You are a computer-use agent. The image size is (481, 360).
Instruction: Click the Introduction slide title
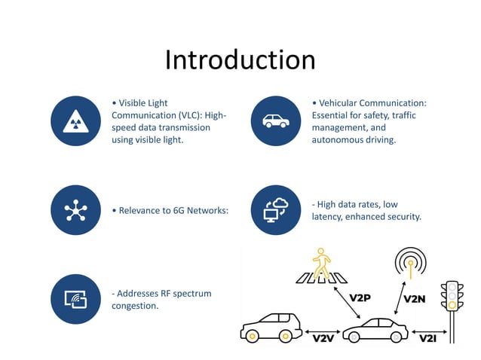(x=240, y=60)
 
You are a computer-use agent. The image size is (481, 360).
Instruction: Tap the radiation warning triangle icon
(x=75, y=121)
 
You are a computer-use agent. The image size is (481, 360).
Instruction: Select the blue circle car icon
(x=275, y=121)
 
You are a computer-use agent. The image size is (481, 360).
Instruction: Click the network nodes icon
(x=75, y=210)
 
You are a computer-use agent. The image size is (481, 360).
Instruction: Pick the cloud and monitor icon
(x=275, y=210)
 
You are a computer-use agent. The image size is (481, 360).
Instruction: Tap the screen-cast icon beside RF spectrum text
(x=75, y=299)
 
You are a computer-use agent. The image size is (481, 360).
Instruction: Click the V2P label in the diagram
(x=360, y=297)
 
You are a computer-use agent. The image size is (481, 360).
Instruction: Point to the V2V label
(x=323, y=339)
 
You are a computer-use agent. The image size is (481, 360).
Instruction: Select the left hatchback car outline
(x=271, y=325)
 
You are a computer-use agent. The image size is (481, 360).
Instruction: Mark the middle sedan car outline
(x=375, y=329)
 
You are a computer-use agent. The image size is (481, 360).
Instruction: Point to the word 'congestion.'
(x=135, y=305)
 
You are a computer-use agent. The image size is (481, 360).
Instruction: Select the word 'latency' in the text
(x=329, y=217)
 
